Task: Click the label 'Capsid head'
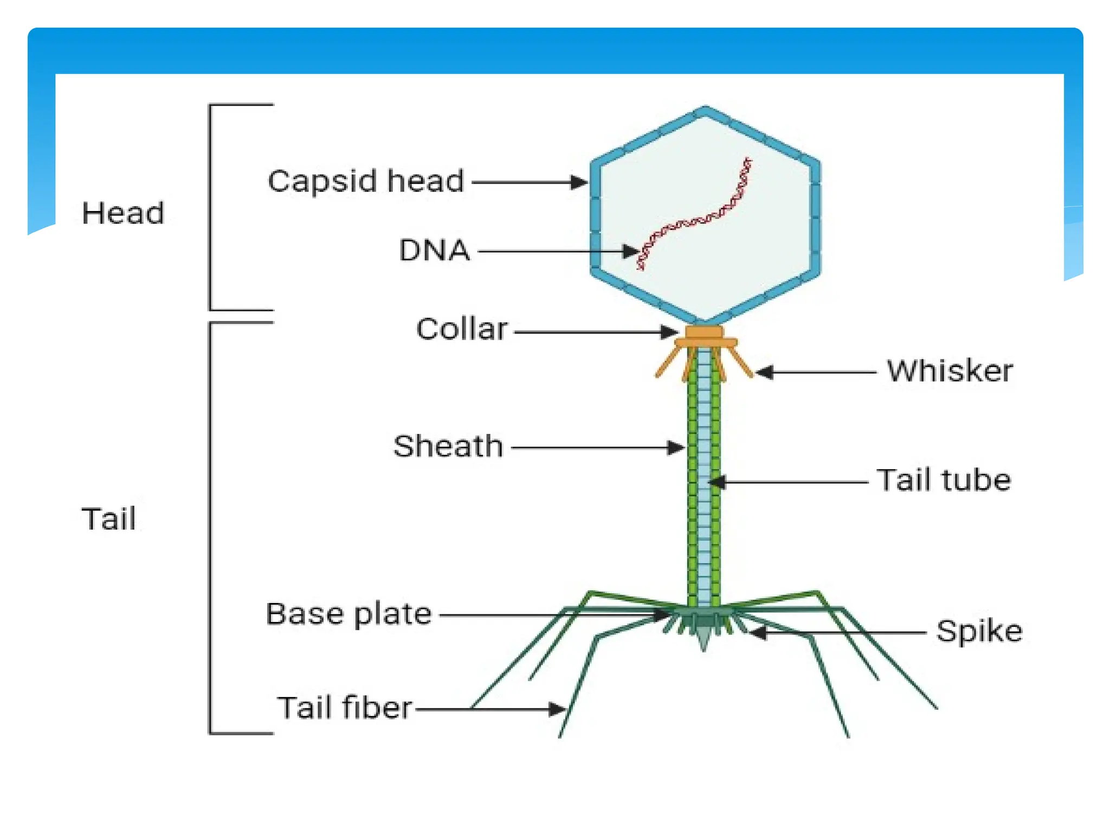tap(366, 181)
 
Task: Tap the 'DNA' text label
tap(434, 251)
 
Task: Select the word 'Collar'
tap(462, 329)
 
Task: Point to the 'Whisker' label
tap(950, 371)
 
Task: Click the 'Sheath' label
tap(448, 446)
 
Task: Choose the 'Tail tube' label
tap(944, 480)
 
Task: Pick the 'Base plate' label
tap(349, 614)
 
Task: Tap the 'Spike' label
tap(979, 631)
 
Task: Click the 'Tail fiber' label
tap(345, 708)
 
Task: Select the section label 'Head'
tap(123, 213)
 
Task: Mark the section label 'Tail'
tap(108, 518)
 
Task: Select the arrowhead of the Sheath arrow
tap(677, 448)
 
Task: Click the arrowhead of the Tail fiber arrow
tap(558, 709)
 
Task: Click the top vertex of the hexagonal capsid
tap(705, 110)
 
